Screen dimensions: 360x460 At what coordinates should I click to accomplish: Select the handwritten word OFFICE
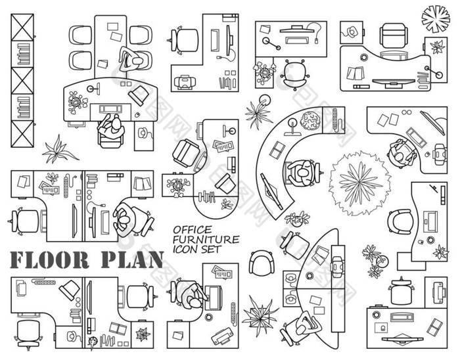[191, 229]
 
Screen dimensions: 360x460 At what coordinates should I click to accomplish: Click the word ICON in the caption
[186, 248]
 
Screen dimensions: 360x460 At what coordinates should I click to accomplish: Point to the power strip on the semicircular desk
[336, 120]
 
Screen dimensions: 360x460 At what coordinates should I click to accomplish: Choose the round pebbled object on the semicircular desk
[310, 120]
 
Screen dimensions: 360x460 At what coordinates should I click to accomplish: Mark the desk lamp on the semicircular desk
[288, 129]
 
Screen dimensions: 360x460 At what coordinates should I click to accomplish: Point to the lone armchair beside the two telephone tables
[261, 264]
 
